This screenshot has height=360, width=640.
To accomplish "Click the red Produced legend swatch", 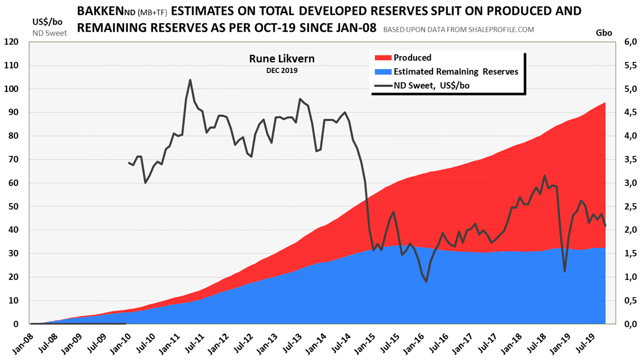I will [x=381, y=58].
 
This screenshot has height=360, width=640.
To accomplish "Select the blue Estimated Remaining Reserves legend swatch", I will [x=381, y=71].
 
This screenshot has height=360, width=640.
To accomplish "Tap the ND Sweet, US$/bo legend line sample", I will [x=381, y=85].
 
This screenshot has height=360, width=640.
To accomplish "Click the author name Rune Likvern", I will [x=282, y=59].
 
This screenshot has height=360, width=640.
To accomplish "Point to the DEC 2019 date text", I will [x=282, y=71].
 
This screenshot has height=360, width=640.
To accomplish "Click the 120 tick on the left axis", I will [x=11, y=42].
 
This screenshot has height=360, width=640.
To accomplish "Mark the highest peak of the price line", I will [x=190, y=80].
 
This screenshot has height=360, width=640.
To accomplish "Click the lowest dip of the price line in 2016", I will [x=426, y=282].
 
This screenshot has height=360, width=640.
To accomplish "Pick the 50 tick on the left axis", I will [x=11, y=206].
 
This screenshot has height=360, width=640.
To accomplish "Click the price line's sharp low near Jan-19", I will [x=564, y=271].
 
